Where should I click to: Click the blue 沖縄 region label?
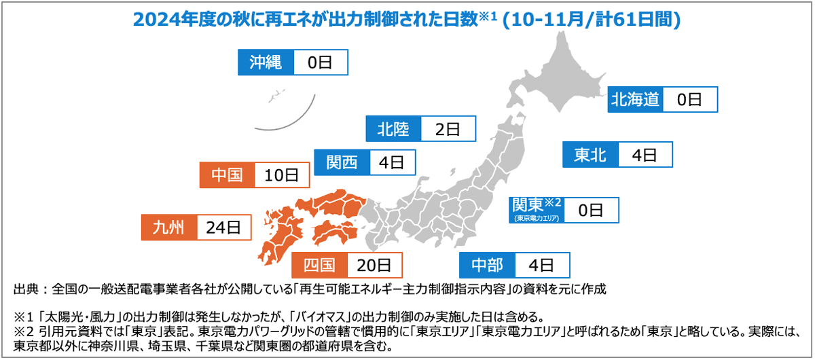click(266, 62)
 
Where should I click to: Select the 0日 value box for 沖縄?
click(320, 62)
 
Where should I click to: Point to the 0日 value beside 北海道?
click(689, 100)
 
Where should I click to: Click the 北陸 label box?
click(393, 129)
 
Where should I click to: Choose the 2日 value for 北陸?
click(448, 129)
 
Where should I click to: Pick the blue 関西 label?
click(342, 162)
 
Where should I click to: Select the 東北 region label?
click(590, 155)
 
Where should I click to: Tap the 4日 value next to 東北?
click(645, 155)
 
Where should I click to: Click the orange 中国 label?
click(227, 175)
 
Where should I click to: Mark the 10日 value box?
click(281, 175)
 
